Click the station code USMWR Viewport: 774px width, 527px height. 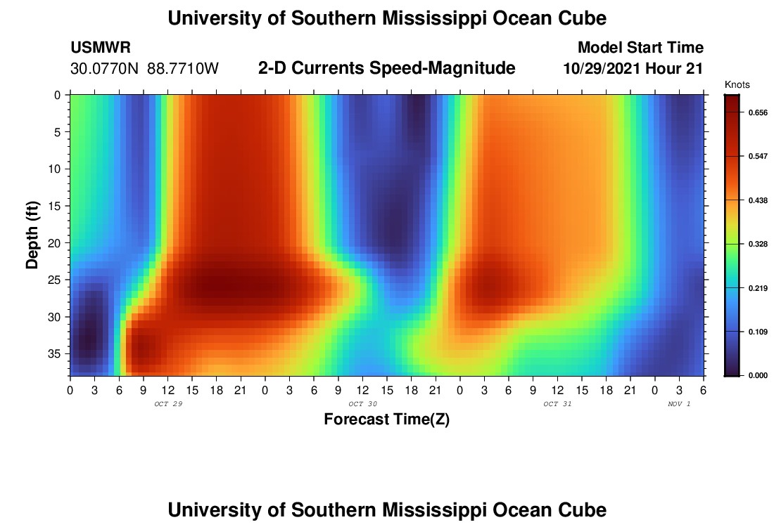[x=100, y=48]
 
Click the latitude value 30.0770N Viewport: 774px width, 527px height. [x=106, y=69]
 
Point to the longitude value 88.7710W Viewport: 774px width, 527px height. [x=183, y=69]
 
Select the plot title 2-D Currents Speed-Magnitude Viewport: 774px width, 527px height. [x=387, y=68]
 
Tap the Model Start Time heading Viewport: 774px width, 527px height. [x=640, y=48]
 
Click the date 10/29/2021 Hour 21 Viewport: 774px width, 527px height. [x=633, y=69]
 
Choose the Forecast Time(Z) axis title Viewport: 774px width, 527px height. [x=386, y=419]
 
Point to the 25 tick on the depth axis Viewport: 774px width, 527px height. [x=56, y=280]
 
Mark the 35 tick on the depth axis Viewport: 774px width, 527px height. [x=56, y=353]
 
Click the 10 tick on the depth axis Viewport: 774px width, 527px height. [x=56, y=169]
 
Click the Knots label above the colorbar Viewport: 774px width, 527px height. [x=737, y=85]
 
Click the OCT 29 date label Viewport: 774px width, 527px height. [x=163, y=404]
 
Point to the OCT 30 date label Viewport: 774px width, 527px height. [x=358, y=404]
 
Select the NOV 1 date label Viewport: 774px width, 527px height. [x=679, y=404]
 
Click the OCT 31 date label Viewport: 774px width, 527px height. [x=553, y=404]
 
